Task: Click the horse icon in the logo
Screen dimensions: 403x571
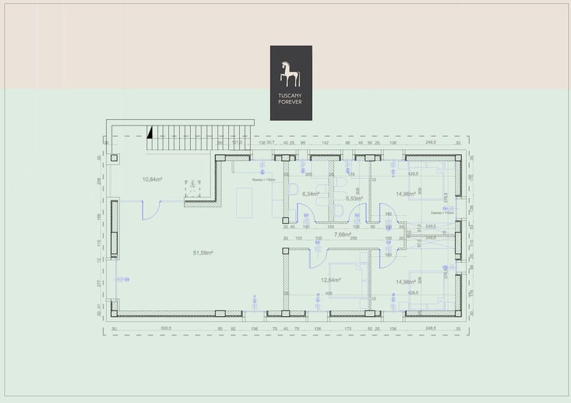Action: pyautogui.click(x=290, y=74)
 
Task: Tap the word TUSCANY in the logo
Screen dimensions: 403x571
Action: pyautogui.click(x=290, y=96)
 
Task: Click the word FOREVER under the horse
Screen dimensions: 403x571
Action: pyautogui.click(x=290, y=102)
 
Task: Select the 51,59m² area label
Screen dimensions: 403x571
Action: pyautogui.click(x=203, y=253)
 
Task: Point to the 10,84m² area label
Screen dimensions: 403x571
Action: pyautogui.click(x=152, y=179)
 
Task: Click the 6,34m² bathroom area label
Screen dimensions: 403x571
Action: pyautogui.click(x=310, y=194)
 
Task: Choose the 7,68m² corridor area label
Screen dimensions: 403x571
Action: pyautogui.click(x=343, y=234)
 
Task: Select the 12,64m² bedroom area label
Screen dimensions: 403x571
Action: pyautogui.click(x=331, y=280)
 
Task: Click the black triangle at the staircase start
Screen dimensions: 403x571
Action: pyautogui.click(x=150, y=131)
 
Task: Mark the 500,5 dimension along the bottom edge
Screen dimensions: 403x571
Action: pyautogui.click(x=166, y=328)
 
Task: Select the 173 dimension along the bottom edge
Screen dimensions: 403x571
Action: pyautogui.click(x=347, y=328)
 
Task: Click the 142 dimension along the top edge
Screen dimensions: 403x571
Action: pyautogui.click(x=325, y=143)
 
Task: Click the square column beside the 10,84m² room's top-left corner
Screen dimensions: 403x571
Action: pyautogui.click(x=114, y=158)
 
